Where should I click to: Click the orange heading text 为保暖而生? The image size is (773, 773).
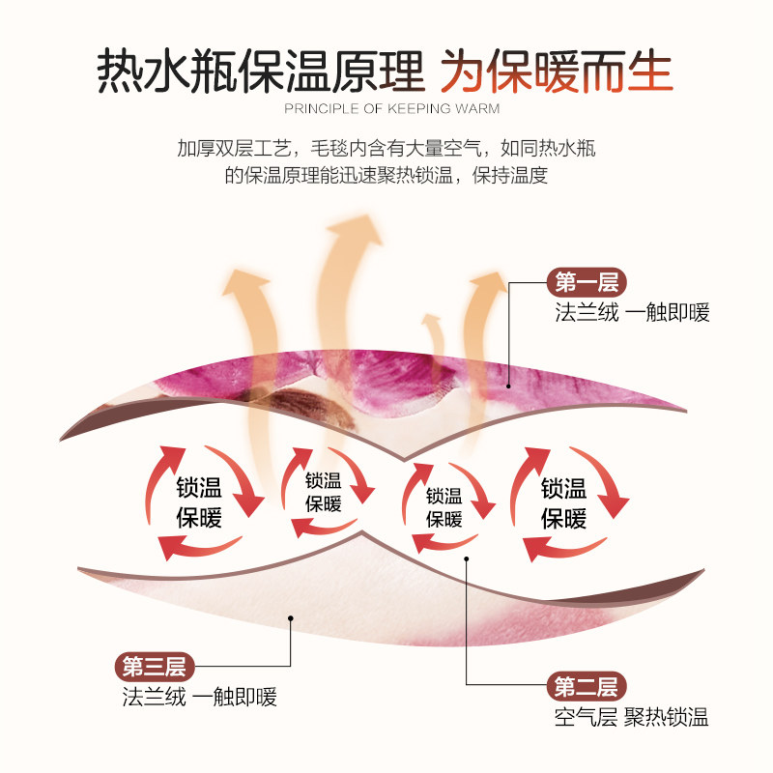tap(558, 71)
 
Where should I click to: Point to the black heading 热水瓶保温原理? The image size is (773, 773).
tap(261, 71)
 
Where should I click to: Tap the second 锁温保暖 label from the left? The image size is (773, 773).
tap(324, 492)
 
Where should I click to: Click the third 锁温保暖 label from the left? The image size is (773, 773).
tap(444, 506)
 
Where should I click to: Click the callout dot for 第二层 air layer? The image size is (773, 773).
tap(467, 558)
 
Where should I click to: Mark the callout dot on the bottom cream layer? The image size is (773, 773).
tap(290, 616)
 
